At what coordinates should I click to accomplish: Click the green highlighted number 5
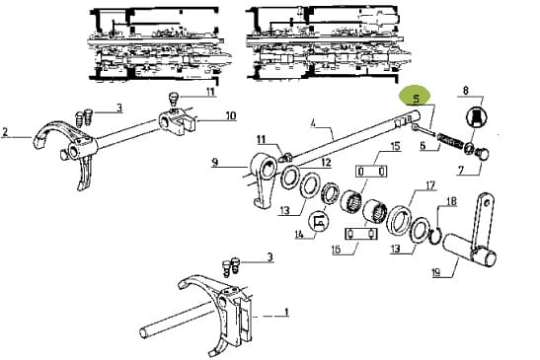click(417, 99)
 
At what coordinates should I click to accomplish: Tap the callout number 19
click(435, 272)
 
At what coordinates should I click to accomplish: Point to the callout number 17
click(430, 186)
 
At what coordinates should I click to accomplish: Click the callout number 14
click(299, 235)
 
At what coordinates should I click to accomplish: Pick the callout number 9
click(215, 162)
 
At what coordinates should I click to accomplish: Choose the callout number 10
click(231, 115)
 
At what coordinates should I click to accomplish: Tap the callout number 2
click(5, 132)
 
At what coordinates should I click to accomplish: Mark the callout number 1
click(286, 312)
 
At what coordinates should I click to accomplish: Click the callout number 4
click(313, 123)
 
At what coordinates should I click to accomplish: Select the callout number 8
click(466, 91)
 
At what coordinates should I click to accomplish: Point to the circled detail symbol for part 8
click(476, 117)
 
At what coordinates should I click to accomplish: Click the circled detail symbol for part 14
click(320, 221)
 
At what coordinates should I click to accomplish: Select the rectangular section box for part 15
click(371, 171)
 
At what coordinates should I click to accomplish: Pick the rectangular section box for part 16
click(361, 234)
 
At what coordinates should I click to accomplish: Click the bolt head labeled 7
click(482, 154)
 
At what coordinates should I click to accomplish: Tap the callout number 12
click(326, 162)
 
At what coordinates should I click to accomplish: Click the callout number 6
click(423, 146)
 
